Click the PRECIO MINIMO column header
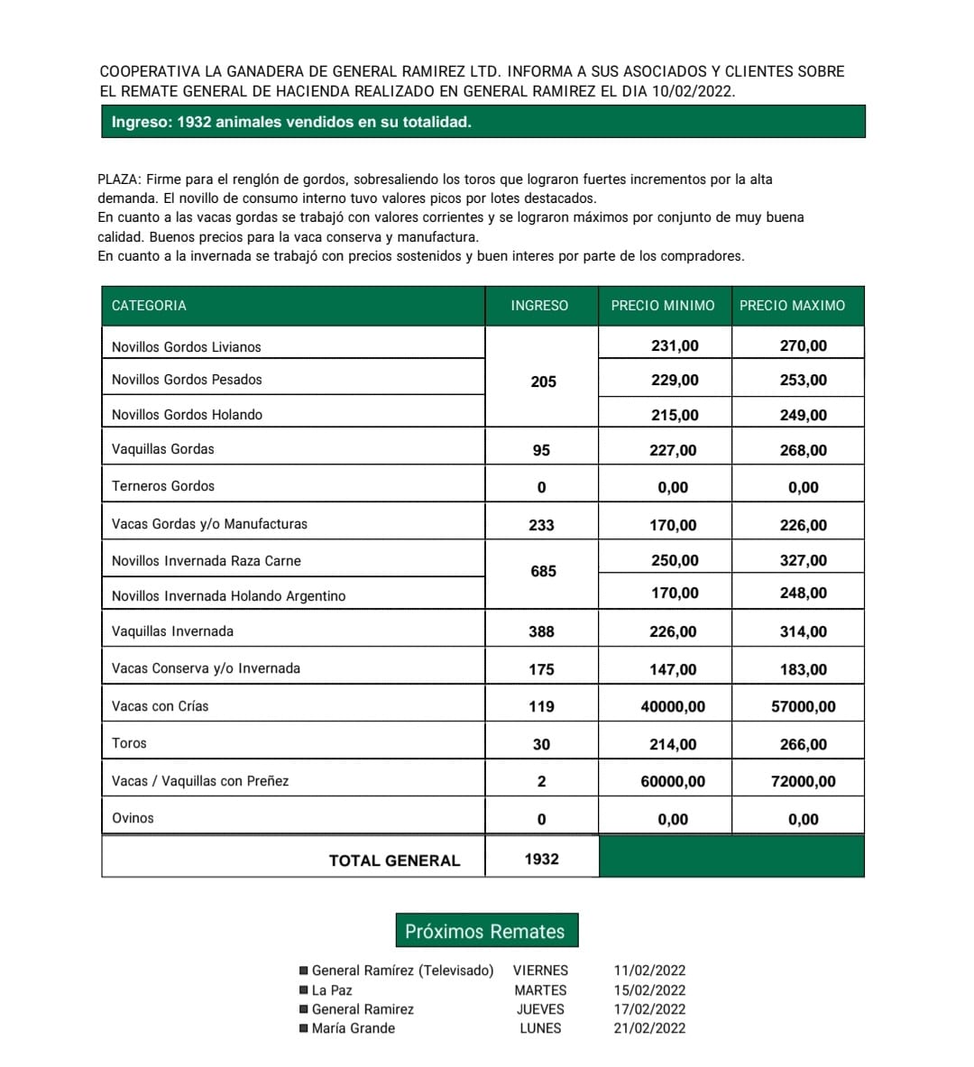point(663,306)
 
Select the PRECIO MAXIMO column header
point(792,306)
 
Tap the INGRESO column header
point(539,306)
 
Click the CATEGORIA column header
point(149,306)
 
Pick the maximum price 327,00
point(803,560)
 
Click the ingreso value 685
point(543,571)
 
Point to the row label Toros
point(129,743)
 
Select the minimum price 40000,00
point(673,706)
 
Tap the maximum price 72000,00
point(803,781)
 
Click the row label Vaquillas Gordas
point(163,449)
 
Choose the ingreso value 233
point(541,525)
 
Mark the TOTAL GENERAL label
point(394,860)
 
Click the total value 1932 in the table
point(541,859)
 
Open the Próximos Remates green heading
point(485,932)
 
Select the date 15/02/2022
point(649,990)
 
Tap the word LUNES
point(540,1028)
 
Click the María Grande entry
point(354,1028)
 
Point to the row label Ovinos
point(133,818)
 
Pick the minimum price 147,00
point(673,669)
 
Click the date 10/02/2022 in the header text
point(693,91)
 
